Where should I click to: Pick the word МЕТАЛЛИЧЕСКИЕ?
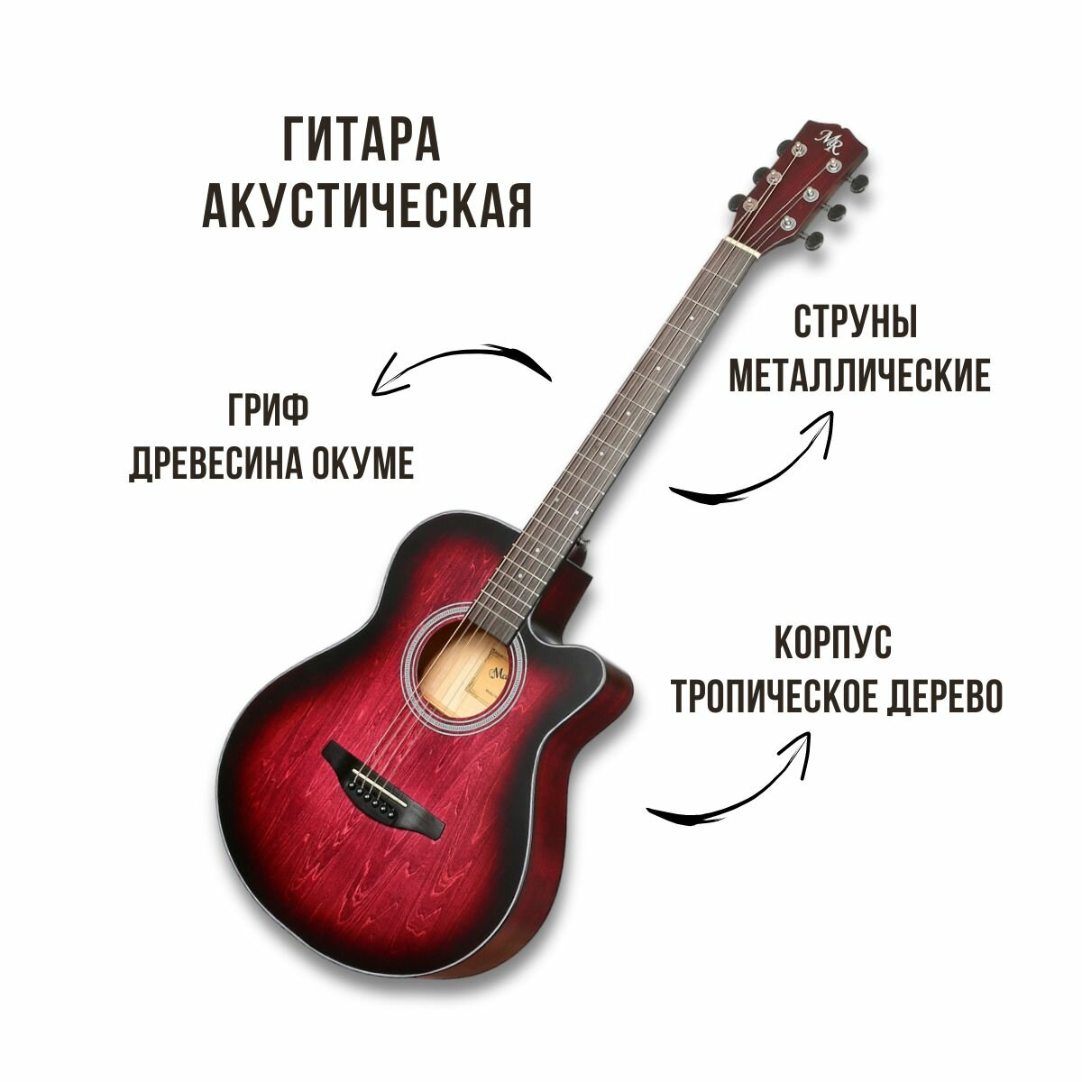click(x=859, y=376)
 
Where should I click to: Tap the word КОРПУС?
click(x=832, y=644)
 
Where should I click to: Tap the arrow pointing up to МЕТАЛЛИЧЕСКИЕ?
click(x=757, y=460)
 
